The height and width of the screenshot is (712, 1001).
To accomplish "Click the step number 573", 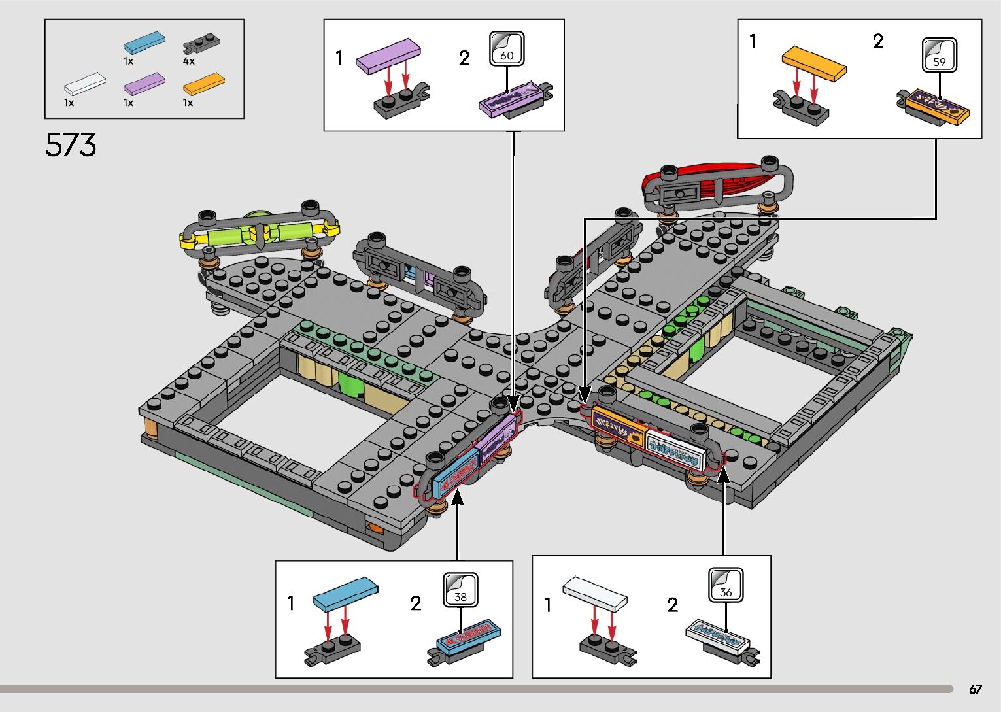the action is coord(71,145).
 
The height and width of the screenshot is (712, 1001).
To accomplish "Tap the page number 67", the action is coord(975,689).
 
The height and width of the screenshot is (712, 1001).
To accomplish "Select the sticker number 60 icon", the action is coord(507,49).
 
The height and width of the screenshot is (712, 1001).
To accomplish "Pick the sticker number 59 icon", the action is coord(940,55).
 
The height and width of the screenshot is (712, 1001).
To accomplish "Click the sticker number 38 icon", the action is coord(460,590).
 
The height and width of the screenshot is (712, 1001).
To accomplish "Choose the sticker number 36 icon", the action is coord(726,585).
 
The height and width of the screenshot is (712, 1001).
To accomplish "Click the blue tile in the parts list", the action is coord(144,42).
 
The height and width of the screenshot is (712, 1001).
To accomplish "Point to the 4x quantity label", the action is coord(188,61).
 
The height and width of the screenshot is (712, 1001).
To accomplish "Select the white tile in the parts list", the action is coord(85,84).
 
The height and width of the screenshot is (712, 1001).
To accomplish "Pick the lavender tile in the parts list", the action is coord(144,84).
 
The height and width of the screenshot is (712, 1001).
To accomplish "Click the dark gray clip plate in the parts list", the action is coord(201,43).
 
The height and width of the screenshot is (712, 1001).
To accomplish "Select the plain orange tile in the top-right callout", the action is coord(814,62).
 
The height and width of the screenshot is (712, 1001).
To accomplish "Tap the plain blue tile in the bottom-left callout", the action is coord(345,593).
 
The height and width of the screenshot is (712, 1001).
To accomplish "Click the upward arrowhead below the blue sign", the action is coord(458,498).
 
